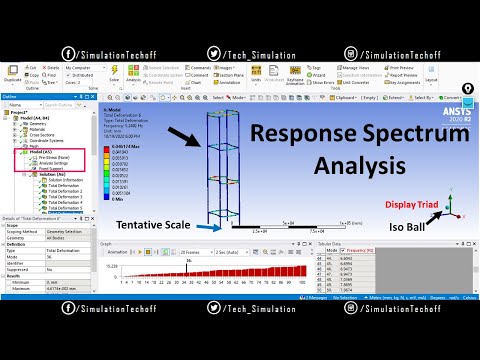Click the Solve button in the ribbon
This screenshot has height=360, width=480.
(114, 73)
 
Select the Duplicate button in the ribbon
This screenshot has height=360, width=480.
(11, 73)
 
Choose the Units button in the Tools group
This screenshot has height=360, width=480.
(256, 73)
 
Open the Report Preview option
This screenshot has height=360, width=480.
(403, 74)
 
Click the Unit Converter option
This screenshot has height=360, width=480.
(356, 82)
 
